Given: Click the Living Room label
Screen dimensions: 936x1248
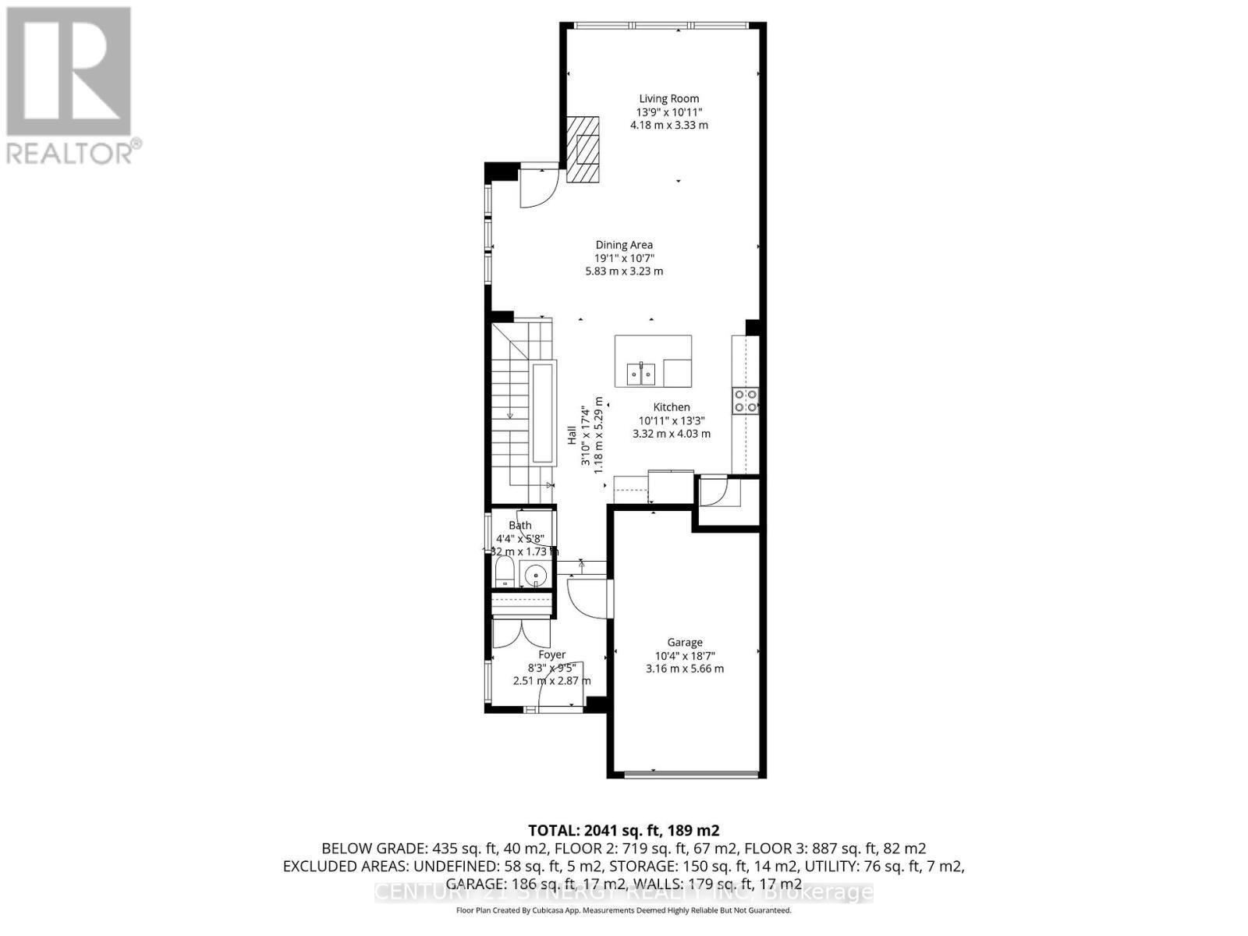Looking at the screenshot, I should [x=669, y=99].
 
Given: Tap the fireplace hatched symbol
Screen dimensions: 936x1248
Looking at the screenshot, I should [x=583, y=150].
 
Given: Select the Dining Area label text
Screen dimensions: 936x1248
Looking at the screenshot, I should [x=624, y=245].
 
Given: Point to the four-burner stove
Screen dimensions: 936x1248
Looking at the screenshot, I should [x=745, y=400].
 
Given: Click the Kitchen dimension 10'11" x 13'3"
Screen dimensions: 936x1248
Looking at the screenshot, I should [x=672, y=420].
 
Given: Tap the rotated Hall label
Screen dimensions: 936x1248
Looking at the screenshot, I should [x=572, y=434].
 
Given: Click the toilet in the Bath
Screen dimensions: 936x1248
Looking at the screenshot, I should [x=505, y=573].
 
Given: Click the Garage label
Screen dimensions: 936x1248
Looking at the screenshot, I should [x=685, y=643].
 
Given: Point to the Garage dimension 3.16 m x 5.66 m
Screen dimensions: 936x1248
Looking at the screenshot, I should [x=685, y=668].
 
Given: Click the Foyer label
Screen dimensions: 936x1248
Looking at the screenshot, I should [x=552, y=655].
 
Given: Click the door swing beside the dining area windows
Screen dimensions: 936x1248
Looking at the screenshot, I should [x=537, y=188].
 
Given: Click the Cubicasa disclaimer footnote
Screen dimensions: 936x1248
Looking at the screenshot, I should [x=623, y=910].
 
